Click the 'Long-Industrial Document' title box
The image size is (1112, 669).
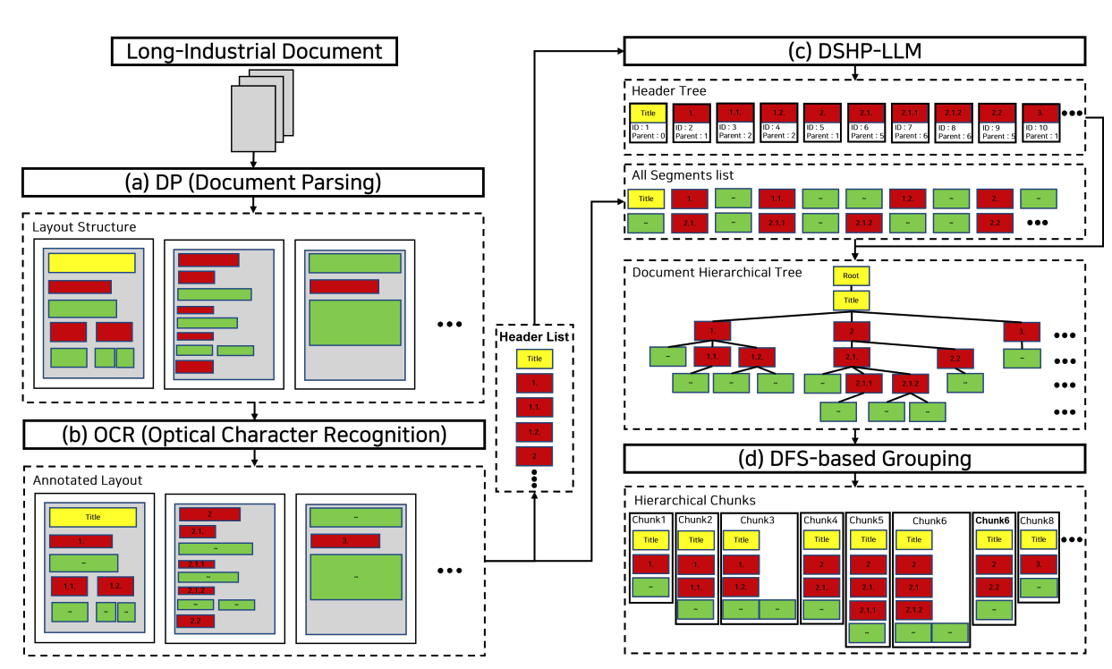pyautogui.click(x=254, y=51)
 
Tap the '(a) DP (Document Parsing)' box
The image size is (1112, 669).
pyautogui.click(x=253, y=182)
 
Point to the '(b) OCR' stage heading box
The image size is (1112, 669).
pyautogui.click(x=253, y=435)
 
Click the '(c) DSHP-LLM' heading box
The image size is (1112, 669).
pyautogui.click(x=854, y=51)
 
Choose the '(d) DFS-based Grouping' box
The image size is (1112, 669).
pyautogui.click(x=854, y=458)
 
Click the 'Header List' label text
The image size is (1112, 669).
pyautogui.click(x=534, y=336)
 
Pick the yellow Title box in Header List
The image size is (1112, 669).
pyautogui.click(x=534, y=359)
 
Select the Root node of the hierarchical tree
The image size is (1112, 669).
pyautogui.click(x=851, y=276)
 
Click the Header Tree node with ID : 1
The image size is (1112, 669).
pyautogui.click(x=647, y=123)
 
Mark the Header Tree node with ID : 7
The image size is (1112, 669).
pyautogui.click(x=910, y=123)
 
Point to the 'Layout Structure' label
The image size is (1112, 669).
pyautogui.click(x=84, y=227)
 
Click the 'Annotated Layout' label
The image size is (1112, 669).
pyautogui.click(x=88, y=480)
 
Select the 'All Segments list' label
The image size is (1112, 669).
pyautogui.click(x=683, y=175)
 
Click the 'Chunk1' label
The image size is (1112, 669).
pyautogui.click(x=649, y=520)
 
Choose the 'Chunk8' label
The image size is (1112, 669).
pyautogui.click(x=1037, y=520)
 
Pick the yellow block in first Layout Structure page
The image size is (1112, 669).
pyautogui.click(x=91, y=262)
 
